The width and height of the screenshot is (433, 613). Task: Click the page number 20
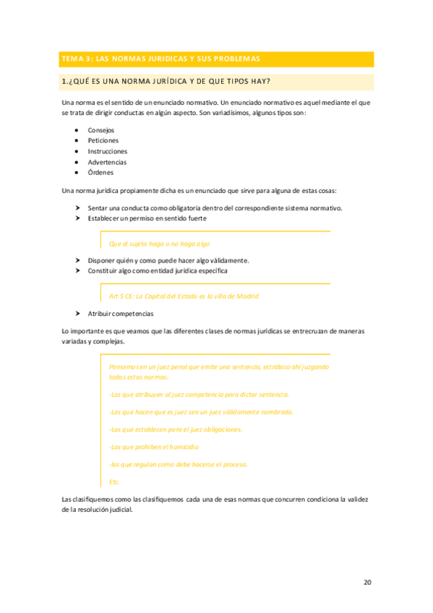(367, 581)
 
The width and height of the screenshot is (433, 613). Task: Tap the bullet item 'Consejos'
(100, 130)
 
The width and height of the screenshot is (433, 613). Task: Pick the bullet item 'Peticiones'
(103, 140)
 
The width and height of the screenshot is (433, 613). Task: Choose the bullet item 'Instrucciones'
(108, 151)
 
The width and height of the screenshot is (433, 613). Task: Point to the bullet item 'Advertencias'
(107, 162)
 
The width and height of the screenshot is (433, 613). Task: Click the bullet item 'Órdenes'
(100, 173)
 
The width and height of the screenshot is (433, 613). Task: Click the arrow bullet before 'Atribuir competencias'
(78, 314)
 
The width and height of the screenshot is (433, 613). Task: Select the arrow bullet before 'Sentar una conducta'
(78, 207)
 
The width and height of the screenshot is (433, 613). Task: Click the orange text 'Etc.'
(114, 481)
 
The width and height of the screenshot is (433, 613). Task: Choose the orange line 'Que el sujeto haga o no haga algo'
(159, 244)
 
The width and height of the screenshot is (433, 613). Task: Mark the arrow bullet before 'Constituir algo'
(78, 270)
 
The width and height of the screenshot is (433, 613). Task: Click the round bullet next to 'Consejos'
(77, 130)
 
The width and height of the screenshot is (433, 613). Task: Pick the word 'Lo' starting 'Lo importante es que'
(66, 331)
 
